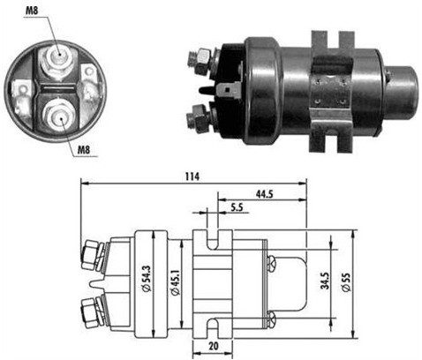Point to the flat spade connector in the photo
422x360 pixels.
232,88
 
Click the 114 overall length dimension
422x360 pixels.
192,176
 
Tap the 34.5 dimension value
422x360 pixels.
323,282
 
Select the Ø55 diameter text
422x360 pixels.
348,282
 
